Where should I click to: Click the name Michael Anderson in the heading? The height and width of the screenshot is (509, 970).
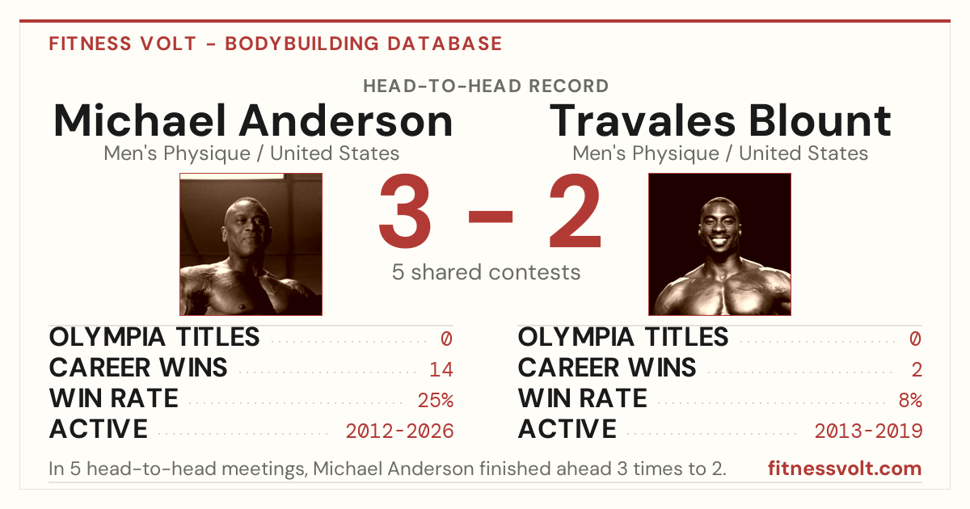pyautogui.click(x=253, y=120)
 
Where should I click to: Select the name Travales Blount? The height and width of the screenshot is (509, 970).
pyautogui.click(x=720, y=120)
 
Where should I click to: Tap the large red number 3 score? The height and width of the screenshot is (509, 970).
pyautogui.click(x=405, y=211)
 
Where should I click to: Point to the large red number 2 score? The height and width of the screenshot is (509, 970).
pyautogui.click(x=575, y=210)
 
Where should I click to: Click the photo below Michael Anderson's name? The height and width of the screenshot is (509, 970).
pyautogui.click(x=251, y=244)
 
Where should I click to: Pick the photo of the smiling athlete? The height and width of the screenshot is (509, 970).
pyautogui.click(x=719, y=244)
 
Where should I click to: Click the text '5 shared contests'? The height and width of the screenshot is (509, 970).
pyautogui.click(x=486, y=272)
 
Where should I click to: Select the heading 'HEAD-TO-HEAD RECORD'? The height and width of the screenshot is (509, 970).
pyautogui.click(x=486, y=86)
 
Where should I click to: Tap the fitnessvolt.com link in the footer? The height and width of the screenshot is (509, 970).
pyautogui.click(x=845, y=469)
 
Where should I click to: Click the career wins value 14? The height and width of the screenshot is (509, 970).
pyautogui.click(x=441, y=369)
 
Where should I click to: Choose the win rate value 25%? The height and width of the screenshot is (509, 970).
pyautogui.click(x=436, y=400)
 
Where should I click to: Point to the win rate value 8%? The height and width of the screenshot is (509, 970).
pyautogui.click(x=910, y=400)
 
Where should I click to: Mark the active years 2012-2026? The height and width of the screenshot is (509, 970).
pyautogui.click(x=399, y=431)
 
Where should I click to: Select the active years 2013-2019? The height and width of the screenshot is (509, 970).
pyautogui.click(x=868, y=431)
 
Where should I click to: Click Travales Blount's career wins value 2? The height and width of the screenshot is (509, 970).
pyautogui.click(x=917, y=369)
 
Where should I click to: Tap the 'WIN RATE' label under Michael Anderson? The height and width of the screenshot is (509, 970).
pyautogui.click(x=114, y=398)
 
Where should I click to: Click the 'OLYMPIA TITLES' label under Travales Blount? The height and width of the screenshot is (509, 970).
pyautogui.click(x=623, y=337)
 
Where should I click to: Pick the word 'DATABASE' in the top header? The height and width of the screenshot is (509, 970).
pyautogui.click(x=445, y=44)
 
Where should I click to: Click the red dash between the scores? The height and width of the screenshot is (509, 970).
pyautogui.click(x=491, y=216)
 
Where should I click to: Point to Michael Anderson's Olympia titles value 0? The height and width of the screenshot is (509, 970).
pyautogui.click(x=446, y=339)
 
